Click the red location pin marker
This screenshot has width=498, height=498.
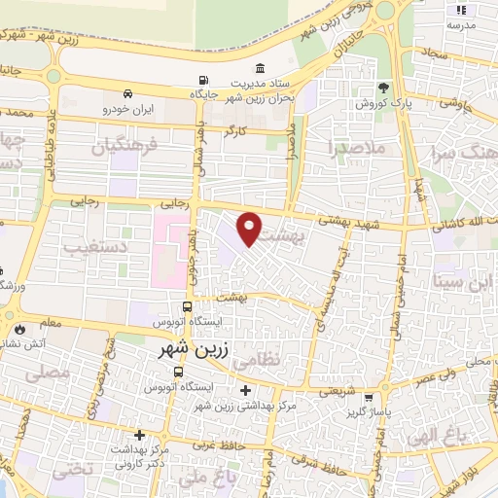point(250,229)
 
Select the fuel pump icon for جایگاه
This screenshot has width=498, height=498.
point(202,81)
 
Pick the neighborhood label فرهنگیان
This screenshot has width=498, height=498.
point(124,149)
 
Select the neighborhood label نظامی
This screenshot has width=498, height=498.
point(284,358)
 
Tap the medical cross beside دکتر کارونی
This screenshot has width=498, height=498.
point(141,435)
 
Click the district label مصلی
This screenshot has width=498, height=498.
point(53,371)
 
